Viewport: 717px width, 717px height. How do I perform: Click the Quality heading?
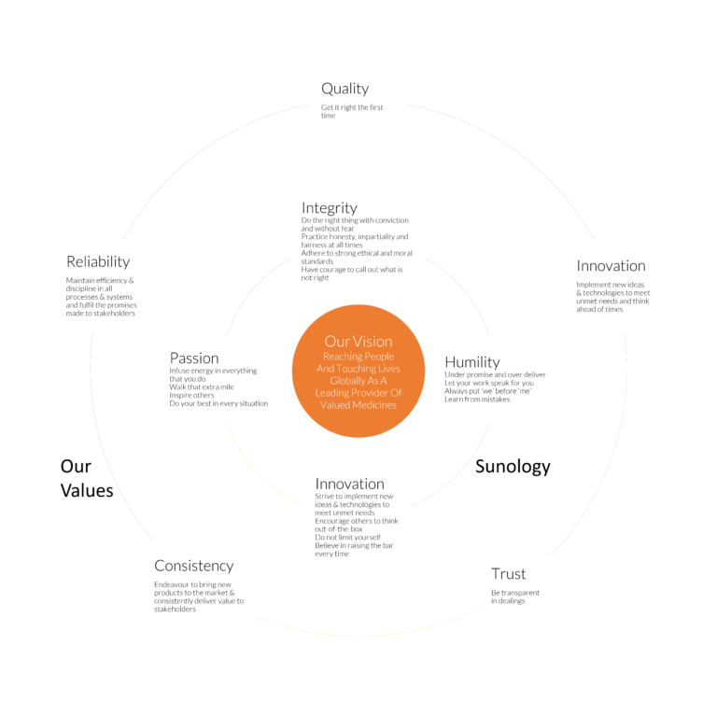(344, 89)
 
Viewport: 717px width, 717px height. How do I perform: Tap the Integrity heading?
(330, 208)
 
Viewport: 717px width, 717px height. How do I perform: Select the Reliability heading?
(98, 262)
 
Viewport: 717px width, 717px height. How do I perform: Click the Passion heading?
(194, 358)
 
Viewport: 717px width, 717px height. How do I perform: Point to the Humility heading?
(472, 362)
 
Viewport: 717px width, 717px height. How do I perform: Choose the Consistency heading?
(194, 566)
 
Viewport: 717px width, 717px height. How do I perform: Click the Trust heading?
(509, 574)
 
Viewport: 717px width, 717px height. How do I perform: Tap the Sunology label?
(513, 467)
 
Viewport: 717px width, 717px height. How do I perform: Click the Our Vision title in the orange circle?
(358, 342)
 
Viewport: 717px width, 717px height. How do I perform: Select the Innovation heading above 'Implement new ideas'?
(611, 266)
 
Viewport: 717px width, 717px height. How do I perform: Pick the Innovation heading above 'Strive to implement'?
(350, 484)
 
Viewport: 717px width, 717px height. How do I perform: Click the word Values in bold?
(87, 491)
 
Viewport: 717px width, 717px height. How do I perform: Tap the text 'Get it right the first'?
(352, 107)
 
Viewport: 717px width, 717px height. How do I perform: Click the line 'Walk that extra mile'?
(202, 387)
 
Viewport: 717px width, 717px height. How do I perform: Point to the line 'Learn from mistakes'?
(477, 400)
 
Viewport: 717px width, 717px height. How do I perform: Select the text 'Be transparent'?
(515, 593)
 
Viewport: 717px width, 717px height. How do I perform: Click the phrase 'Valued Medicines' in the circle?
(358, 404)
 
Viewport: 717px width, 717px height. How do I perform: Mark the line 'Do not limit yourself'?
(347, 538)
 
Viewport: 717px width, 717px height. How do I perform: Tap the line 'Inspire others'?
(191, 395)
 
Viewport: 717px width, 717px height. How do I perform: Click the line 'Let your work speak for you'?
(489, 383)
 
